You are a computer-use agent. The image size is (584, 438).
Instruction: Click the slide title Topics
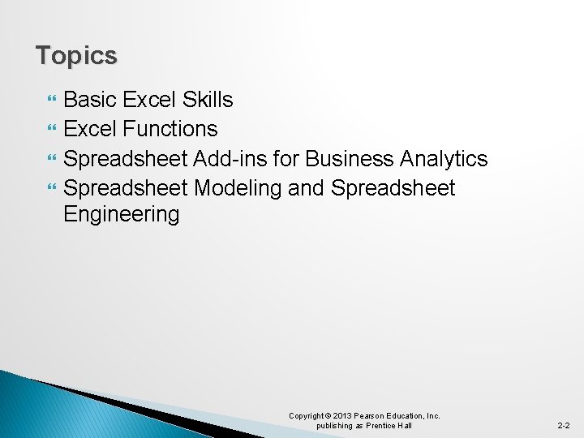76,56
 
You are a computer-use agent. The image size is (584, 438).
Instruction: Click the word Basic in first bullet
91,100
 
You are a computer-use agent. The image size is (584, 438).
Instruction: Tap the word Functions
170,129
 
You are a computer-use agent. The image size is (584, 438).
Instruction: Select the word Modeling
237,187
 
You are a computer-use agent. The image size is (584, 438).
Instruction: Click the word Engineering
121,215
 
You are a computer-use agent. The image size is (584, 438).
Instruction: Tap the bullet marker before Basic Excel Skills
53,101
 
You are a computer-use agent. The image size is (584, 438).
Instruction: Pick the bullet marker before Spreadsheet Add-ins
53,159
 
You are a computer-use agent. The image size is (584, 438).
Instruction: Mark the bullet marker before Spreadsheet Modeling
53,188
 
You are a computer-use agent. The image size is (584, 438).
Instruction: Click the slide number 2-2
563,425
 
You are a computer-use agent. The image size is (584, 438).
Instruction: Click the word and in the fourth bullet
306,187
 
